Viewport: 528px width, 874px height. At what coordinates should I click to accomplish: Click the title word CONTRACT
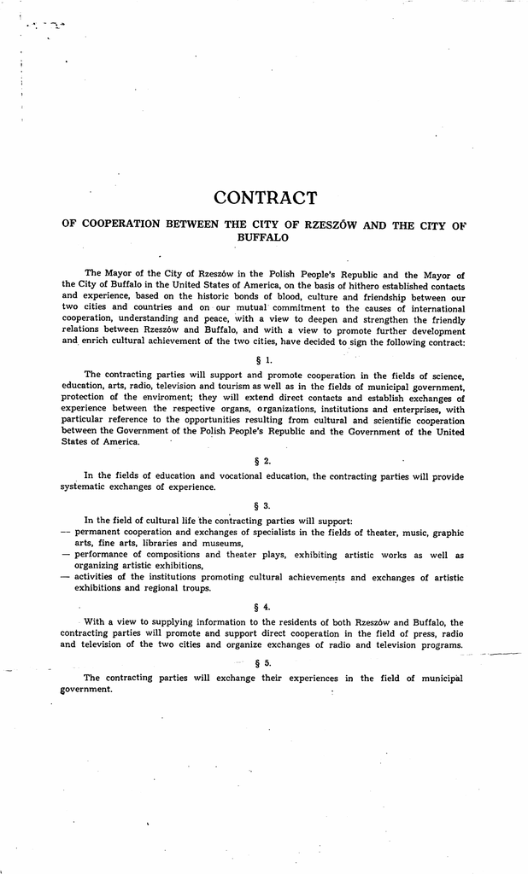(265, 198)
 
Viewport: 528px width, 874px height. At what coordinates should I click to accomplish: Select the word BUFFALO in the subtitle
(264, 238)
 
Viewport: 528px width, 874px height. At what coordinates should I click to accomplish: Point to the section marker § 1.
(263, 359)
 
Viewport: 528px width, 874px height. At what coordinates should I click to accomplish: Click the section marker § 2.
(263, 461)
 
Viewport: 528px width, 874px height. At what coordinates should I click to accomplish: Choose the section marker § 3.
(263, 505)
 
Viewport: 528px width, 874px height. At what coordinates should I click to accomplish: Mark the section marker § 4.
(263, 607)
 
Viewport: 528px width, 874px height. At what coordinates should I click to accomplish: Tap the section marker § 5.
(263, 662)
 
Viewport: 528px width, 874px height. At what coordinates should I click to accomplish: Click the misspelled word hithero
(367, 286)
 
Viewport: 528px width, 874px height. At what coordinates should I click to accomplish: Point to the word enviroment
(170, 398)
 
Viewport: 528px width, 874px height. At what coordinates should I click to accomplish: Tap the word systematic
(88, 487)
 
